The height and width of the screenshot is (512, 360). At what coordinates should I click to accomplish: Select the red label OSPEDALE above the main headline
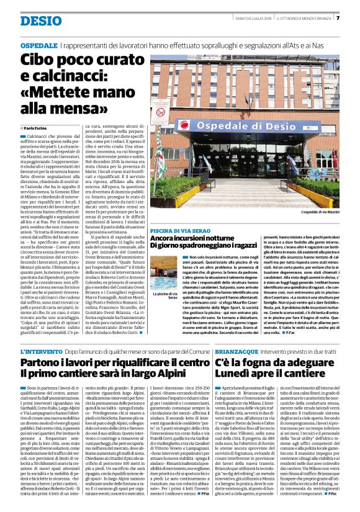coord(39,46)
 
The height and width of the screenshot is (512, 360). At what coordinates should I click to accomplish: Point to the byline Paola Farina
coord(40,127)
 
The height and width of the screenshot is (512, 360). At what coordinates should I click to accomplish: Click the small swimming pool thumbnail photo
coord(163,279)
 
